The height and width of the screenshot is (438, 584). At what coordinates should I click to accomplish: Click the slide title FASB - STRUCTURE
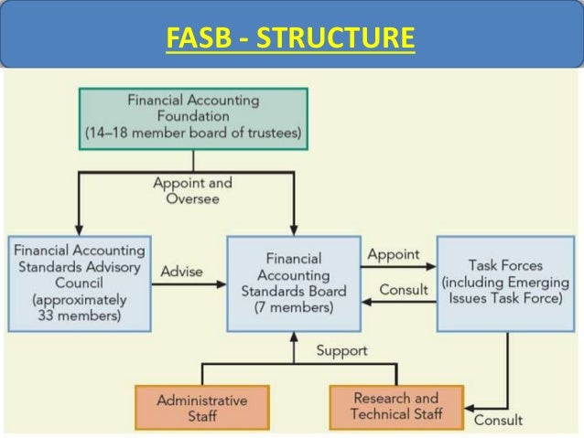click(290, 40)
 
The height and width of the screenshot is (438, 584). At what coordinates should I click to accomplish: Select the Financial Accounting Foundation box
click(192, 117)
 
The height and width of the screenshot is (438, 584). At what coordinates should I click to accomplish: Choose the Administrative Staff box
click(201, 408)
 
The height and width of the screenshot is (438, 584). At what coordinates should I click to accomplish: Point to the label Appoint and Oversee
click(192, 191)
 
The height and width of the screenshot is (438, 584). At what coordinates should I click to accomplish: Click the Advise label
click(181, 272)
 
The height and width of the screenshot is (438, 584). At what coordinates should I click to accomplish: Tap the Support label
click(341, 350)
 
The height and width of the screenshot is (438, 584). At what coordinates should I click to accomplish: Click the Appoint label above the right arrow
click(393, 254)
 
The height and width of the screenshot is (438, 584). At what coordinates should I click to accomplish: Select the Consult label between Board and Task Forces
click(403, 290)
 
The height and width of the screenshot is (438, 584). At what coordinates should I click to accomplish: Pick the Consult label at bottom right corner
click(498, 420)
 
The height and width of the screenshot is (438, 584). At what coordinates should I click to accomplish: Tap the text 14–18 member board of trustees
click(192, 133)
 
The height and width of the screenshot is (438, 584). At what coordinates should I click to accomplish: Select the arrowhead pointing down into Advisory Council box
click(78, 230)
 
